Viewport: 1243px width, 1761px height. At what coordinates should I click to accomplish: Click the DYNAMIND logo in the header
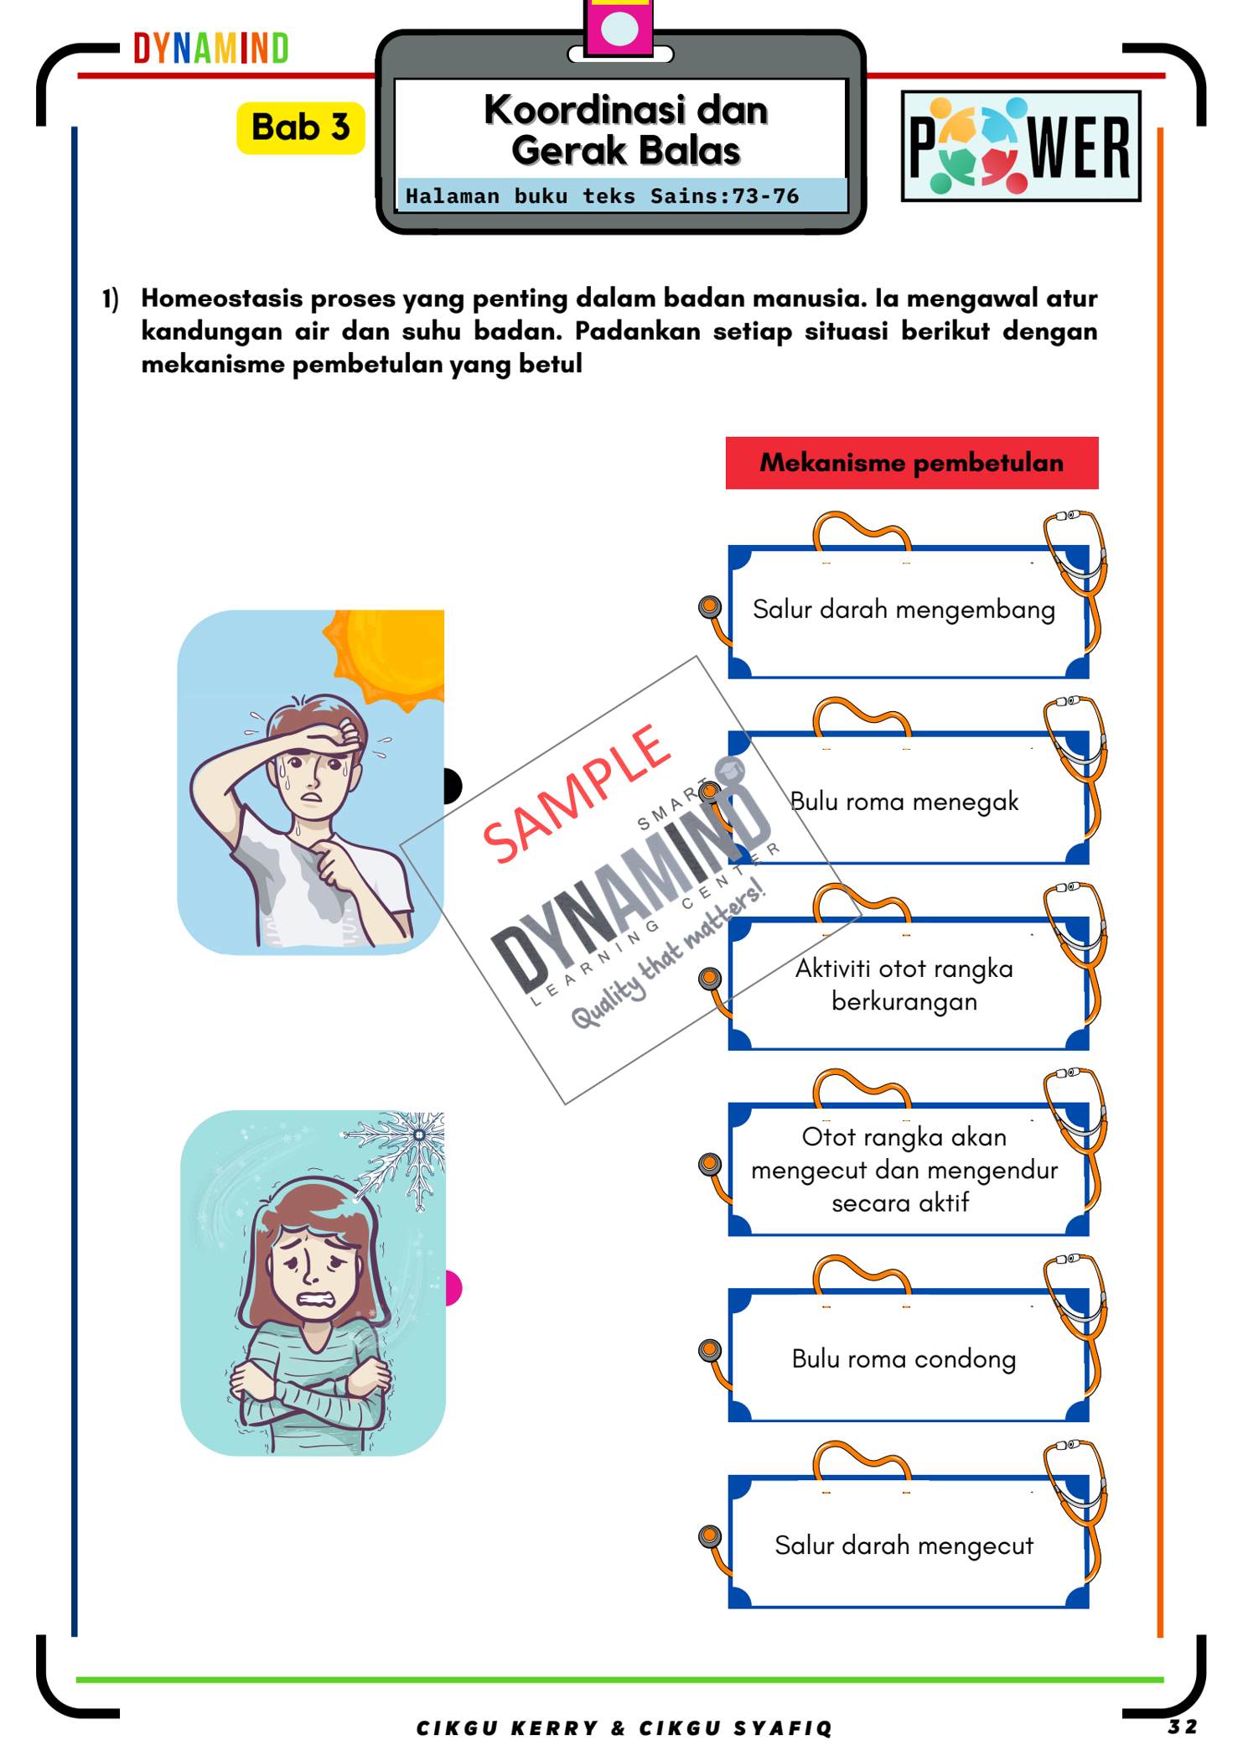210,49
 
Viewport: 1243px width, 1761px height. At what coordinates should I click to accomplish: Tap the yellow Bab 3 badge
300,128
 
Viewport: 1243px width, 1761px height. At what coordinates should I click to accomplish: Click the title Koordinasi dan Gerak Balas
625,130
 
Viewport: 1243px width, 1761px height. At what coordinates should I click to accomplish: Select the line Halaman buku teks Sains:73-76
602,196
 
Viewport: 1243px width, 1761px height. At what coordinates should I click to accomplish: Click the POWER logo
1020,147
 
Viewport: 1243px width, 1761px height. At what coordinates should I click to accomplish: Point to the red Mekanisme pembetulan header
911,463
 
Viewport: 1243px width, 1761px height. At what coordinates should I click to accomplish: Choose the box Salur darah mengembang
904,610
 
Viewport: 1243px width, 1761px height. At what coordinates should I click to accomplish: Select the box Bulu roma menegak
905,802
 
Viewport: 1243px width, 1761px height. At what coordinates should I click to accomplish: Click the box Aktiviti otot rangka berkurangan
904,984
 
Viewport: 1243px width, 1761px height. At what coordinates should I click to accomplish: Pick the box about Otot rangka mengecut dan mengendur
904,1170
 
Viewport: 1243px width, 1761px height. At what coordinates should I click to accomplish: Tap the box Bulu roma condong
904,1358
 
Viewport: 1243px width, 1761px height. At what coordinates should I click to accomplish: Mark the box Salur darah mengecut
904,1545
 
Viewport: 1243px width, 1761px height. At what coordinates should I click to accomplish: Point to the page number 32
1182,1727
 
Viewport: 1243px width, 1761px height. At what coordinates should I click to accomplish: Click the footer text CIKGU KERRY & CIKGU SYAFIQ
624,1728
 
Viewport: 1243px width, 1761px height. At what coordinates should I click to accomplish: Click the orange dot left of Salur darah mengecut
710,1536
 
